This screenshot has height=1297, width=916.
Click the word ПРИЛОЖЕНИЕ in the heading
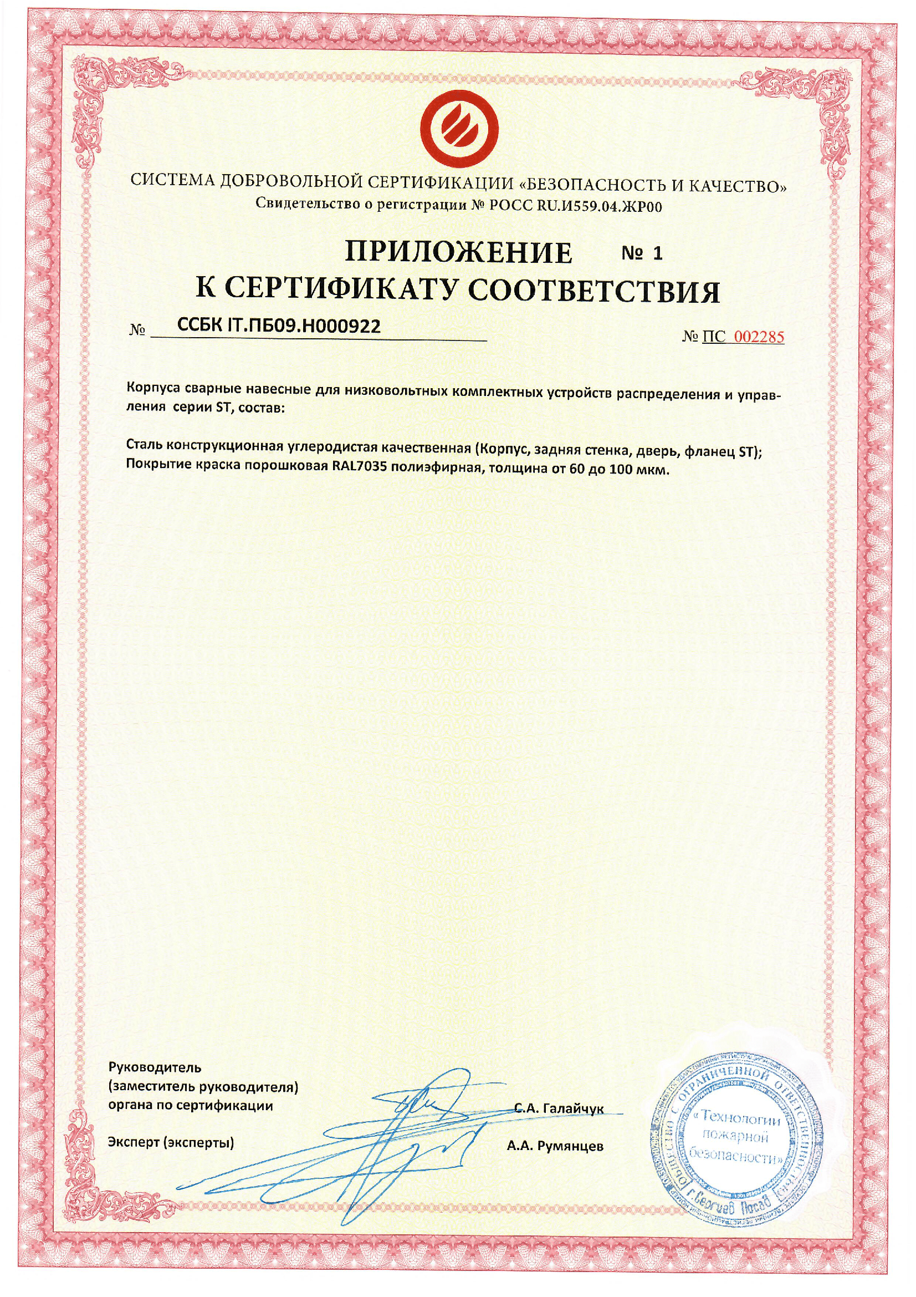[x=458, y=252]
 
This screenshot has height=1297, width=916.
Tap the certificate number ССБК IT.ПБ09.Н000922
[x=279, y=325]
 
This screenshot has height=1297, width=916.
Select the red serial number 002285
[x=759, y=337]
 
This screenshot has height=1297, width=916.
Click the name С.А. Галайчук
[x=559, y=1108]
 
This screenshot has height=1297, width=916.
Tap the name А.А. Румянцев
[x=555, y=1146]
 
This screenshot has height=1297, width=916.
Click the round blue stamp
[x=736, y=1141]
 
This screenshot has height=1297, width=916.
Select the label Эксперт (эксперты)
[x=171, y=1143]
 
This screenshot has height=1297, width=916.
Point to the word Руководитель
[x=155, y=1067]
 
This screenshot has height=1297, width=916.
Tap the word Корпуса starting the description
[x=153, y=389]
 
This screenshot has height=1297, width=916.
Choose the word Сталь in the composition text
[x=144, y=445]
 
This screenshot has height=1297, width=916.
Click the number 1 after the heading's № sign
[x=657, y=253]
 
